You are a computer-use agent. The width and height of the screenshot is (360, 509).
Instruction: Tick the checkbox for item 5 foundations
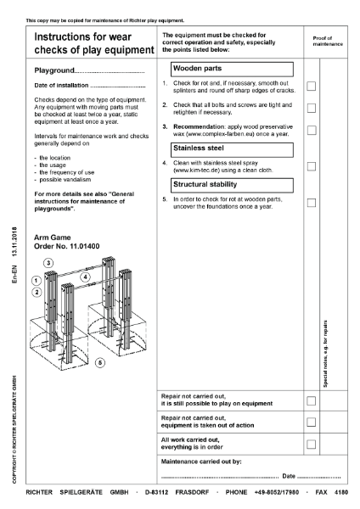tap(311, 203)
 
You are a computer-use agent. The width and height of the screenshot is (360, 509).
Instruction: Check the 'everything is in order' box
tap(311, 444)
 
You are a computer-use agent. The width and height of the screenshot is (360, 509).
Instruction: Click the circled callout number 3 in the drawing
tap(48, 262)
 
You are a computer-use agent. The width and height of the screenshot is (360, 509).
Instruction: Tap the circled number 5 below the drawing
tap(100, 362)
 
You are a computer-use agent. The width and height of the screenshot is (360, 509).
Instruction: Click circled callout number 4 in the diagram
tap(85, 277)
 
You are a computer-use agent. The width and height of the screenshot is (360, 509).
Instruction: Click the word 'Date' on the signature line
tap(289, 477)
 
